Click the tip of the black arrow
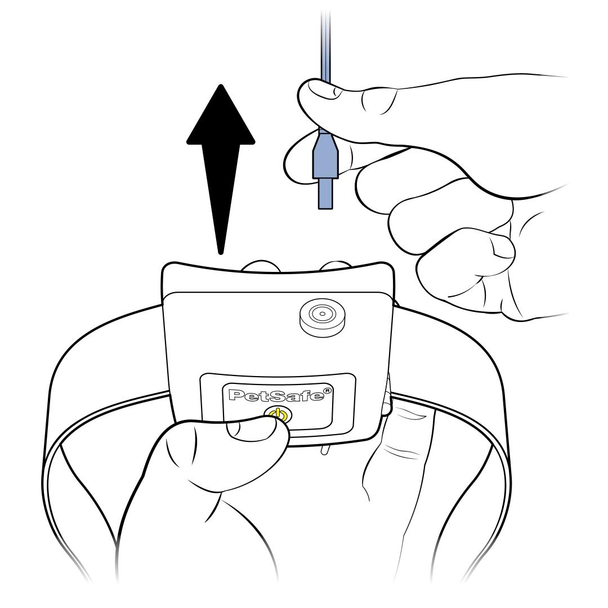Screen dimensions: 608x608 pyautogui.click(x=221, y=86)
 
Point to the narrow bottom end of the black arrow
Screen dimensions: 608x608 pyautogui.click(x=221, y=253)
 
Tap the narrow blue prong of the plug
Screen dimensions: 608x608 pyautogui.click(x=326, y=194)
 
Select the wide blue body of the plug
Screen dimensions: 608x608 pyautogui.click(x=326, y=155)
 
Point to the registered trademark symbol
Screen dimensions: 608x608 pyautogui.click(x=328, y=391)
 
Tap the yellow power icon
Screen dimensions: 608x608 pyautogui.click(x=278, y=415)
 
